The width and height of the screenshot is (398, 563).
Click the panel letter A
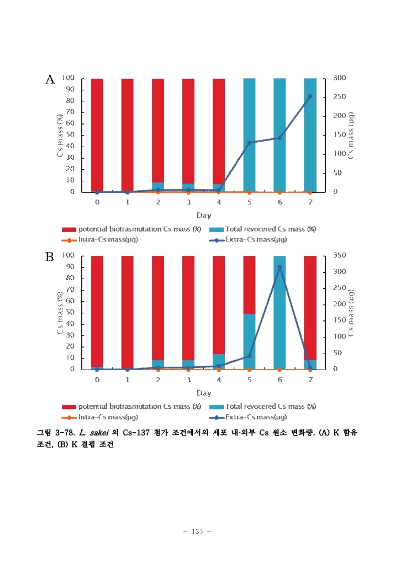coord(50,79)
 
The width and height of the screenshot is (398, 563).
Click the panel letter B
coord(50,257)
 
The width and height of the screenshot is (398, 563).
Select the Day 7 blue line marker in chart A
coord(310,96)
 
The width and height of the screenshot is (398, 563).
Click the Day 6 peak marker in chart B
coord(280,267)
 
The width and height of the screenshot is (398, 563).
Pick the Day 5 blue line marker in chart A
coord(249,143)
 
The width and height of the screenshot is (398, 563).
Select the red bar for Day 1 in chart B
coord(127,311)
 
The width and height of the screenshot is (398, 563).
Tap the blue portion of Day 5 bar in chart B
coord(249,342)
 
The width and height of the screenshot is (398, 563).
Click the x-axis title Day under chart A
coord(203,215)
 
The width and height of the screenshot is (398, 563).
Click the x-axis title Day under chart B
coord(203,393)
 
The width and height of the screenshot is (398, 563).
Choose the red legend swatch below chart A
coord(69,230)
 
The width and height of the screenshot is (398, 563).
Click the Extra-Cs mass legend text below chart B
coord(256,417)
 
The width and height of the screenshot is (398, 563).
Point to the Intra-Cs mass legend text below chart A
coord(108,240)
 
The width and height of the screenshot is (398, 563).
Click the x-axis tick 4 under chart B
coord(219,380)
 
